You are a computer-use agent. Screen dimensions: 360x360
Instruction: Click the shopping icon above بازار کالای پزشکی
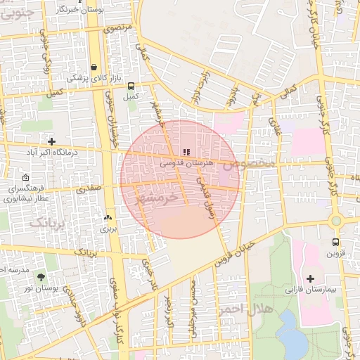[x=94, y=67]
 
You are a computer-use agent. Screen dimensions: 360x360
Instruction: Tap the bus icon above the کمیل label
[x=131, y=86]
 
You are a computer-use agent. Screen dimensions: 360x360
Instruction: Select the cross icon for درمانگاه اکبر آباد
[x=51, y=141]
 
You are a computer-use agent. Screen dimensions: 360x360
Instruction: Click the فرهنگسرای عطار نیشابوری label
[x=25, y=193]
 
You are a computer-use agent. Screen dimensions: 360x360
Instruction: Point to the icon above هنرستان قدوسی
[x=186, y=152]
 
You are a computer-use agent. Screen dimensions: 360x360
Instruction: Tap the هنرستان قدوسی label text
[x=186, y=162]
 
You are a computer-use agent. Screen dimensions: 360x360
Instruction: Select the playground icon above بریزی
[x=108, y=218]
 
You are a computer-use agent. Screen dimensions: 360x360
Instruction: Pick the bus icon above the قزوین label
[x=335, y=242]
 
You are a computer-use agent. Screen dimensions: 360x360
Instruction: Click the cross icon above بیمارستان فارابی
[x=311, y=278]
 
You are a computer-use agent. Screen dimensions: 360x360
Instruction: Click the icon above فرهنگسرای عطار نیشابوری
[x=25, y=177]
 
